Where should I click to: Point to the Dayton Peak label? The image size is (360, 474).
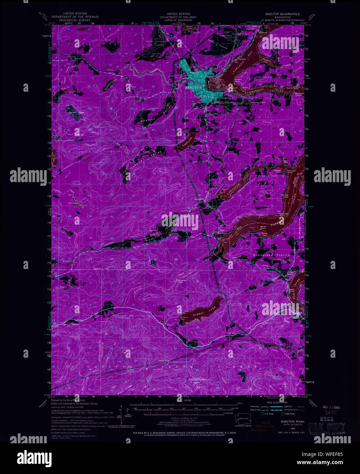(x=76, y=112)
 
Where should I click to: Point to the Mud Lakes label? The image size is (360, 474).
(x=73, y=203)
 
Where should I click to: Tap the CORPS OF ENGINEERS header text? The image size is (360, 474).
(x=175, y=20)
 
